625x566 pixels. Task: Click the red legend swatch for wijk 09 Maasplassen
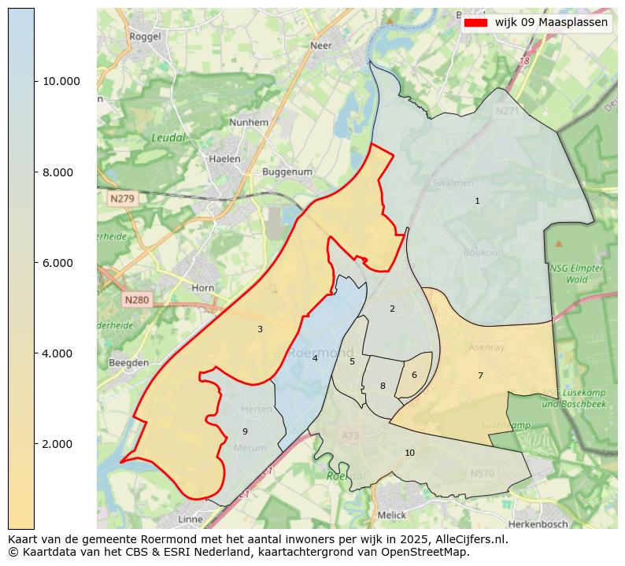tap(476, 23)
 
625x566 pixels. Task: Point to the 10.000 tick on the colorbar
tap(35, 81)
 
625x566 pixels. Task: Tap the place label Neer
tap(321, 46)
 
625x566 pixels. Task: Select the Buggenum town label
tap(287, 172)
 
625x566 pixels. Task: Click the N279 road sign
tap(122, 199)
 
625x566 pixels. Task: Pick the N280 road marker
tap(136, 300)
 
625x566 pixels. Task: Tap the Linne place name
tap(190, 520)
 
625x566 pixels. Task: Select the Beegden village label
tap(128, 363)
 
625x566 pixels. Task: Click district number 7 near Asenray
tap(480, 376)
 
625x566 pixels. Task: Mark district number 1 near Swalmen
tap(477, 201)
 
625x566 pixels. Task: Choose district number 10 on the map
tap(409, 453)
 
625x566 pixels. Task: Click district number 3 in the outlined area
tap(260, 329)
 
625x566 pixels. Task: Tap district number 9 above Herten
tap(245, 431)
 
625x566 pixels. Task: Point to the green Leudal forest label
tap(168, 138)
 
